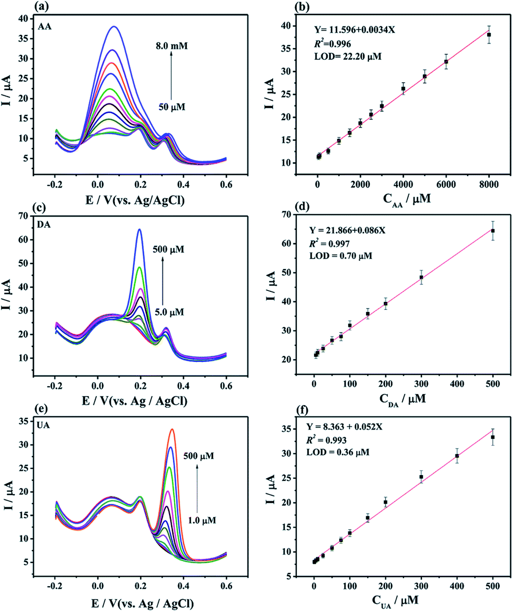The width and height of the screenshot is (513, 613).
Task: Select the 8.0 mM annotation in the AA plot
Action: (x=171, y=46)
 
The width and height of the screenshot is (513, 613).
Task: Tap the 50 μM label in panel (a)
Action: (x=172, y=107)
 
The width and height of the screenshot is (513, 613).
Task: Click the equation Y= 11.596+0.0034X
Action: (x=354, y=30)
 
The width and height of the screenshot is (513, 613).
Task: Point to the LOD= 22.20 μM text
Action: (x=347, y=56)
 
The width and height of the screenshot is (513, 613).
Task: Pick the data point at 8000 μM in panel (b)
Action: (x=489, y=35)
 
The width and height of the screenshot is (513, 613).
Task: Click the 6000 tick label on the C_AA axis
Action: (x=446, y=184)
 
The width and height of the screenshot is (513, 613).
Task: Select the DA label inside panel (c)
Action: (x=44, y=225)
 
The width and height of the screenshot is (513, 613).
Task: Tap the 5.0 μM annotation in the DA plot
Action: (x=169, y=312)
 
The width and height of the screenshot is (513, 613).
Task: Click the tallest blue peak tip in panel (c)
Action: (x=140, y=230)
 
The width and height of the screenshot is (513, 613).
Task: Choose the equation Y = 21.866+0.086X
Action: (x=347, y=231)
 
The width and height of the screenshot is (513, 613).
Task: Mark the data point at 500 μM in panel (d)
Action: (x=492, y=231)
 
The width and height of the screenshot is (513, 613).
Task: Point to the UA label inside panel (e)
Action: (x=43, y=425)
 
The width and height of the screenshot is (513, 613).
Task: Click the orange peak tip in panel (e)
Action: (x=172, y=429)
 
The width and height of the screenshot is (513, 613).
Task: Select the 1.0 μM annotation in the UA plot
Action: (x=202, y=520)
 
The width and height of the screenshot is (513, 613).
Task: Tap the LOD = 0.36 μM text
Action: (x=338, y=452)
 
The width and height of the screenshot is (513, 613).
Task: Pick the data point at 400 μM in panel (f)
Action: (x=457, y=456)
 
